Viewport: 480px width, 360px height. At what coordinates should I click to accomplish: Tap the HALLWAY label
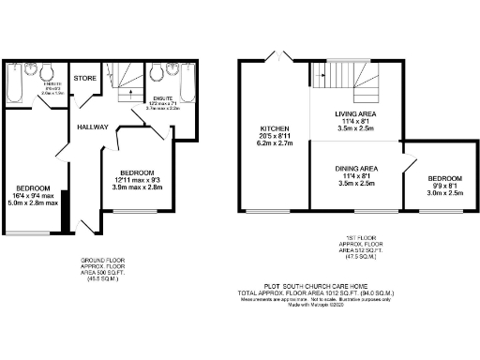click(x=93, y=127)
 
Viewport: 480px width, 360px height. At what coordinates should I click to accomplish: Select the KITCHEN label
click(x=274, y=127)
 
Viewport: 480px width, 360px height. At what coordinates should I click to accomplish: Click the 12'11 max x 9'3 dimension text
click(x=137, y=180)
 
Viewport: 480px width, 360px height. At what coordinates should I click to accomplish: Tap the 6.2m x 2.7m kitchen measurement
click(x=274, y=144)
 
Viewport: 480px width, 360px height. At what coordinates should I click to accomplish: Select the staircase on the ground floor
click(x=120, y=80)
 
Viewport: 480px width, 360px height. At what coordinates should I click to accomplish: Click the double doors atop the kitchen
click(x=276, y=58)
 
